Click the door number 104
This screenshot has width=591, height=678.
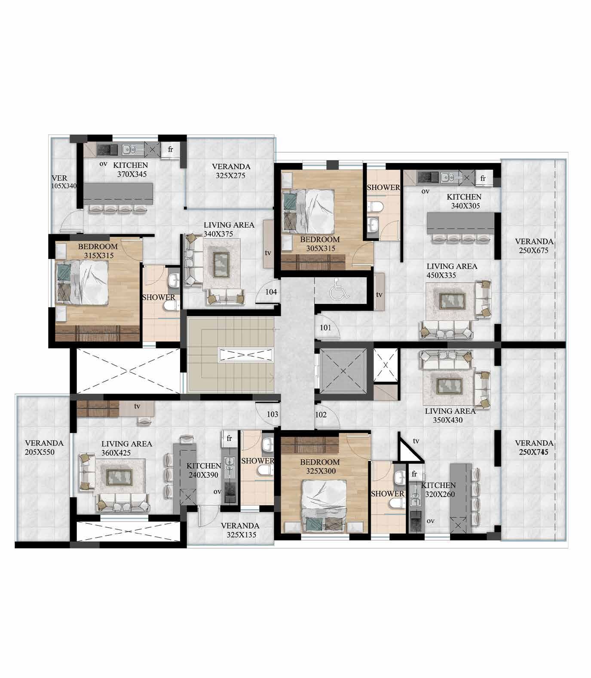[271, 292]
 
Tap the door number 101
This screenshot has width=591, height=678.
[325, 328]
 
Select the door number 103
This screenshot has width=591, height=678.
[273, 415]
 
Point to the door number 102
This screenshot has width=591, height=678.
[321, 415]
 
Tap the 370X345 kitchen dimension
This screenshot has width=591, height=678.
[132, 174]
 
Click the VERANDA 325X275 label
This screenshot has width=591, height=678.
[231, 171]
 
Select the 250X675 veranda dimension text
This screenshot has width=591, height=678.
[534, 250]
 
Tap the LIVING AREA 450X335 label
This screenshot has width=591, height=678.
[452, 271]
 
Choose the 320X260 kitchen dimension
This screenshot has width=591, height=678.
[440, 495]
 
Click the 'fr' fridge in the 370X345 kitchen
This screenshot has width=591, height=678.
[170, 150]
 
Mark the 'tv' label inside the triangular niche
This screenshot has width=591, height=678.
[416, 441]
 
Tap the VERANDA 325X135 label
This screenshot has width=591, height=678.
[240, 530]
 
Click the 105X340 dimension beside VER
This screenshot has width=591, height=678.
[64, 186]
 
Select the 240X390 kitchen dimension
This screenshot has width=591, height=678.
[204, 475]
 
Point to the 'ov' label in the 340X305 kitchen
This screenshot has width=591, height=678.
[426, 191]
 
